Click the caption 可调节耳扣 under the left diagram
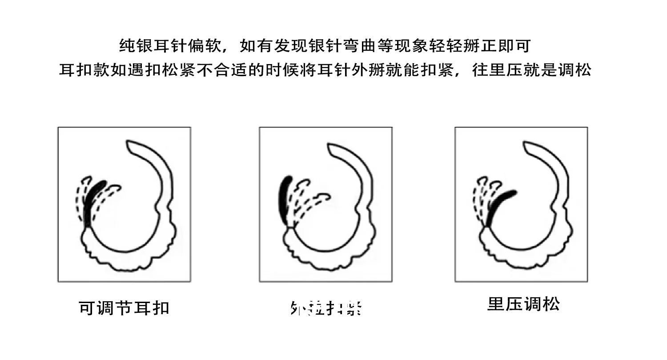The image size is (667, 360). [x=124, y=308]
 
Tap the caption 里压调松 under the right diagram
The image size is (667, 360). [x=523, y=304]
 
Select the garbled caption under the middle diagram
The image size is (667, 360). [x=325, y=308]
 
